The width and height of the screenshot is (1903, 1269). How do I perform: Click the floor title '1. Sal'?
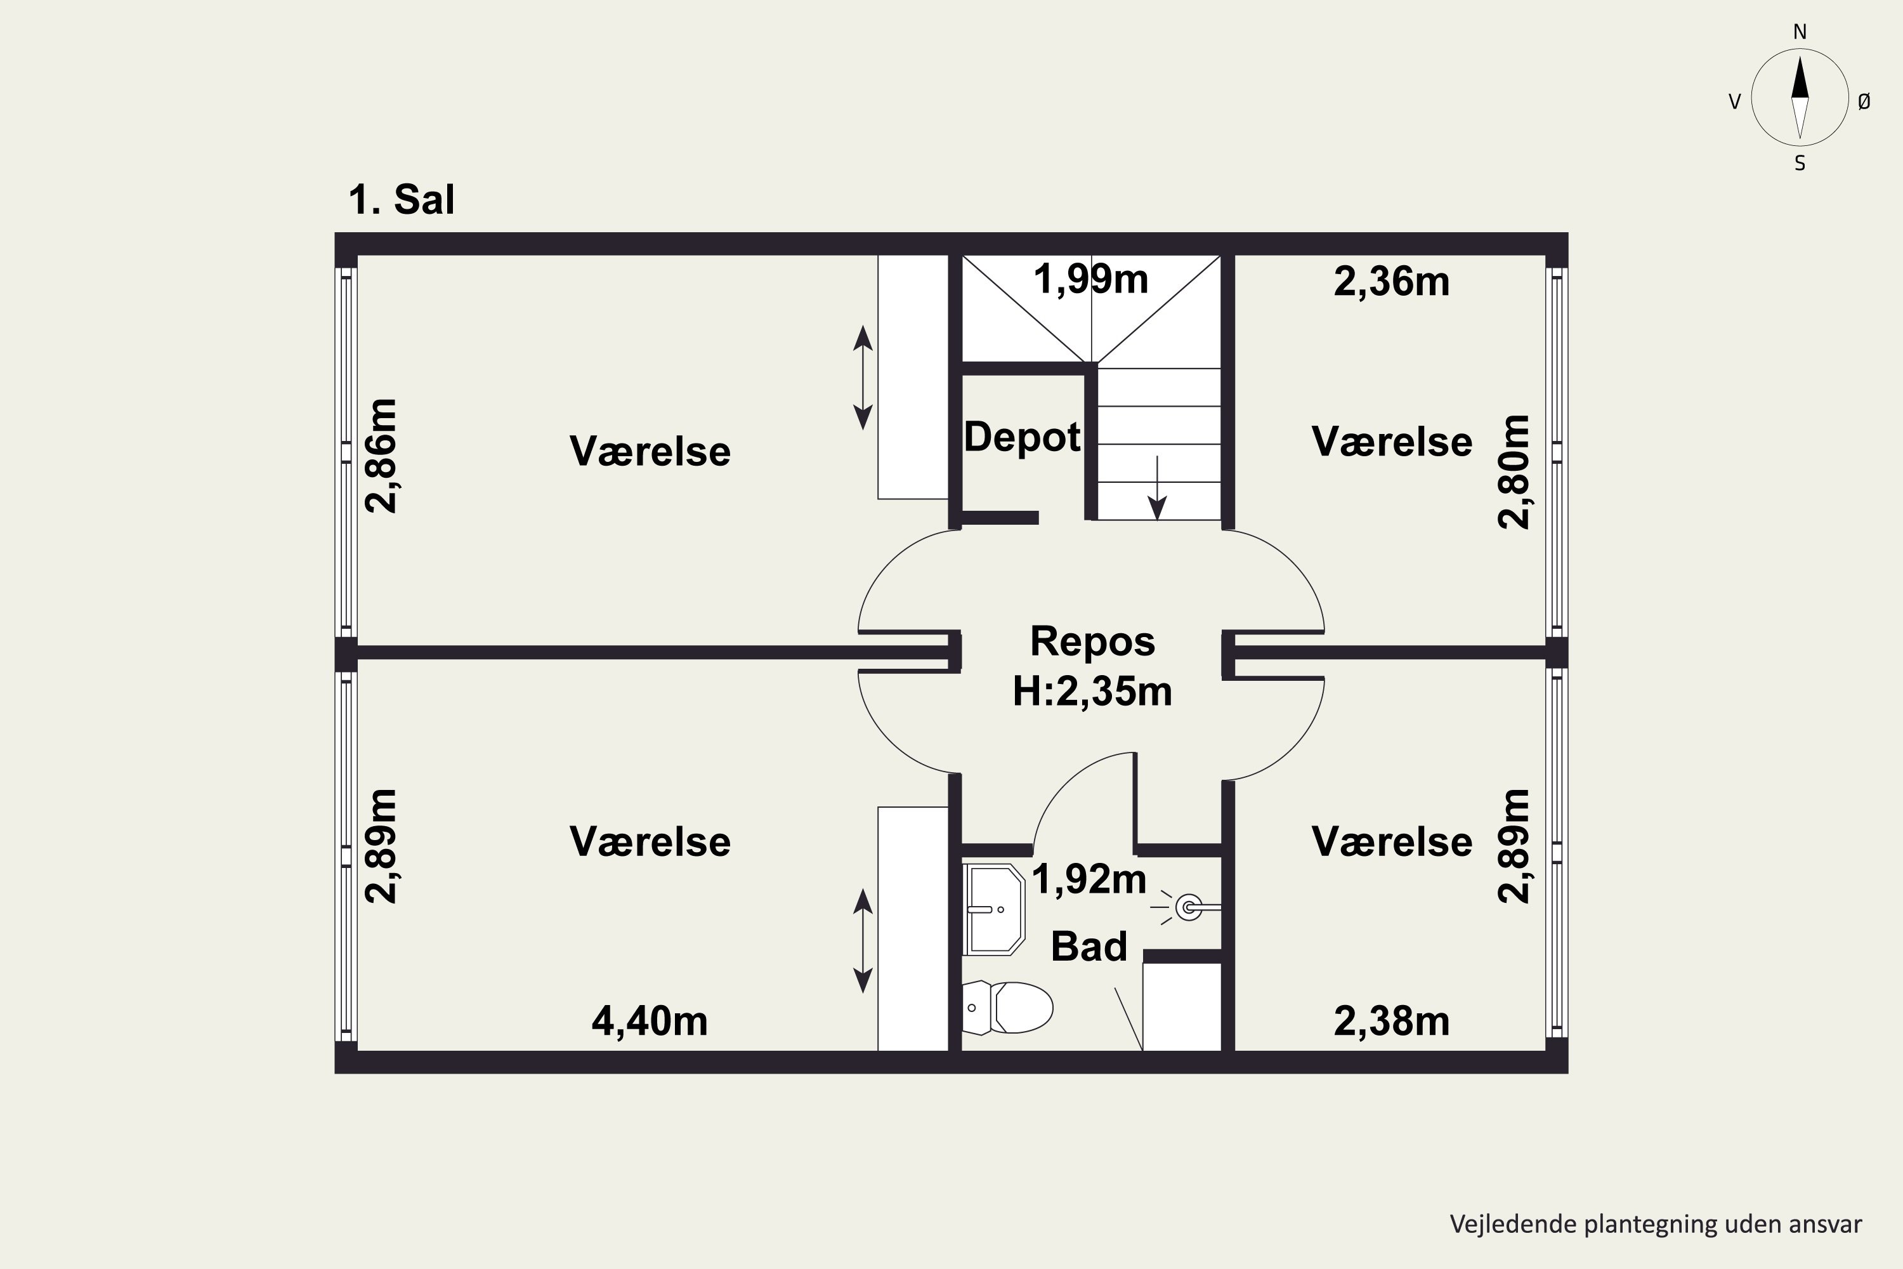[x=402, y=199]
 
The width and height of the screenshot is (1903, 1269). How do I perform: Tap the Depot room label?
[x=1022, y=438]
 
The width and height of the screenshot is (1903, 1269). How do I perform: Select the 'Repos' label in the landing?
[x=1092, y=641]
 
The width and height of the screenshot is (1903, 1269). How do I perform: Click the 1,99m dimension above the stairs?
[x=1090, y=280]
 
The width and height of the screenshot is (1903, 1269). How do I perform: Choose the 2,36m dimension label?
[x=1392, y=282]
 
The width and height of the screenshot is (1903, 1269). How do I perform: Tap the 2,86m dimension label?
[x=381, y=456]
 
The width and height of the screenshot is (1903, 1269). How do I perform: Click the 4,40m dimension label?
[x=650, y=1022]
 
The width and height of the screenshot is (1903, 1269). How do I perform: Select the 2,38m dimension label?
[x=1392, y=1022]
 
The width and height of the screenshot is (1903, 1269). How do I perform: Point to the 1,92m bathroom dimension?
[x=1089, y=879]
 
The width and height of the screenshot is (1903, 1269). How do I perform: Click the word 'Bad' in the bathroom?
[x=1089, y=947]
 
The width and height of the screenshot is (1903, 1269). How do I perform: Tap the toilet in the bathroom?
[x=1007, y=1008]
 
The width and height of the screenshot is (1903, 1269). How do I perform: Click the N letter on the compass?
[x=1800, y=32]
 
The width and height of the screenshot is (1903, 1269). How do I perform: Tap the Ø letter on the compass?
[x=1864, y=101]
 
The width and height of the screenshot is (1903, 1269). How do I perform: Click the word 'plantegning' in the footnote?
[x=1650, y=1225]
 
